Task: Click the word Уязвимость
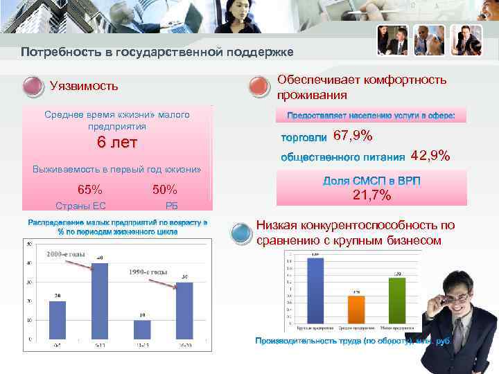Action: [84, 86]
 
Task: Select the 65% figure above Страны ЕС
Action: [90, 190]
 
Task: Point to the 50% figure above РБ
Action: [164, 190]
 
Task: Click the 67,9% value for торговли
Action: [353, 135]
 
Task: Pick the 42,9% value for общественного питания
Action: [430, 156]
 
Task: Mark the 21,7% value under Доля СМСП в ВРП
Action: [371, 196]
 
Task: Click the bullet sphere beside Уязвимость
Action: [33, 86]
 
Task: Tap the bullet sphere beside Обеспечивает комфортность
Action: [258, 86]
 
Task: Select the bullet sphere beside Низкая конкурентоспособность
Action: [240, 231]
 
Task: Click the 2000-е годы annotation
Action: [65, 255]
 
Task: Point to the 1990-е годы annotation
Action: [146, 272]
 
